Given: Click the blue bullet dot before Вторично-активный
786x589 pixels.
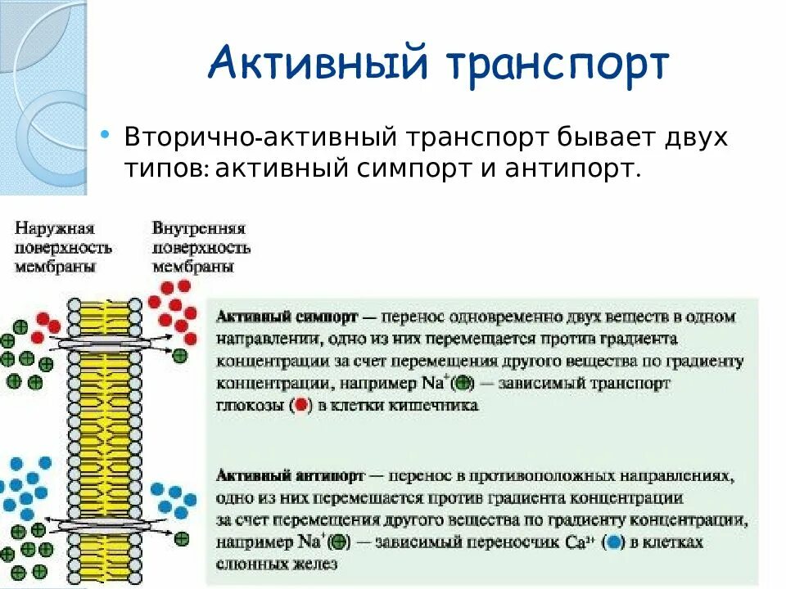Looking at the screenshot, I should pyautogui.click(x=104, y=133).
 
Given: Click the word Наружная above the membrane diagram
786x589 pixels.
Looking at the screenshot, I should pyautogui.click(x=54, y=228).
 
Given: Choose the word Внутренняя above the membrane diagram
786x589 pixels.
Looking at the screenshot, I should pyautogui.click(x=199, y=228).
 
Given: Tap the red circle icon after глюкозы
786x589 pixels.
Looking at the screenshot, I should pyautogui.click(x=301, y=405).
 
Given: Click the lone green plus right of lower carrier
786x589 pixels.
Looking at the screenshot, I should pyautogui.click(x=182, y=538).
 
